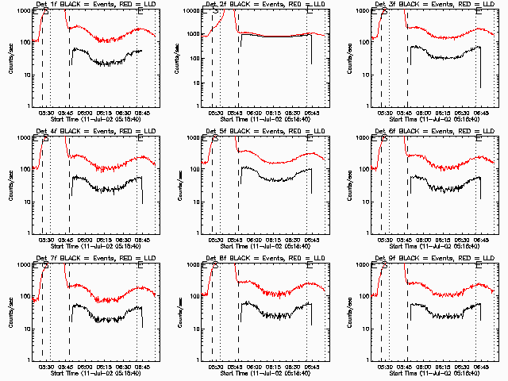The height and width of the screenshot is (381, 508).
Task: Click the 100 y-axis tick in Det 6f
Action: point(362,169)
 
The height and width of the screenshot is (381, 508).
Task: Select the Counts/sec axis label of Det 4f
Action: point(10,183)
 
